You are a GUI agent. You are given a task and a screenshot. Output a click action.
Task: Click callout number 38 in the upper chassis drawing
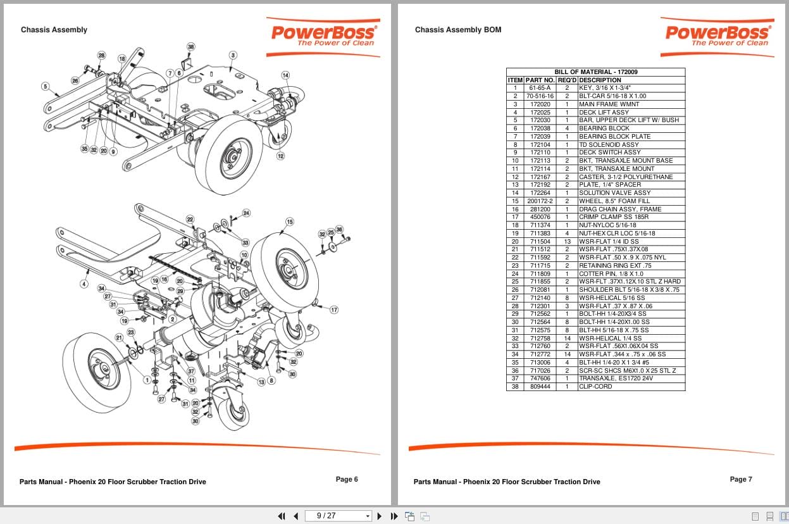pos(191,46)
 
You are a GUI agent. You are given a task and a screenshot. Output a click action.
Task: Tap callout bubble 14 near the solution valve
pos(285,75)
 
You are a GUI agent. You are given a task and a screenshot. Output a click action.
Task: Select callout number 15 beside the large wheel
pos(290,221)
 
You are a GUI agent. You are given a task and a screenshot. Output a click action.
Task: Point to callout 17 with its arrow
pos(334,309)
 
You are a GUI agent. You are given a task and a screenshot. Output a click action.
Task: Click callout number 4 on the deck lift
pos(84,284)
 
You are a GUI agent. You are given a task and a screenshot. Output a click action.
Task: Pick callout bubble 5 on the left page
pos(45,86)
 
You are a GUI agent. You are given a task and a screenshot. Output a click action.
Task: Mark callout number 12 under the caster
pos(280,156)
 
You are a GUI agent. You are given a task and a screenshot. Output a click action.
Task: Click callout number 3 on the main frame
pos(233,55)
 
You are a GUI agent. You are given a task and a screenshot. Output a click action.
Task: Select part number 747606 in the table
pos(540,378)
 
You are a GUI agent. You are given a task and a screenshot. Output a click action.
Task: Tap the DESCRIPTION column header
pos(600,80)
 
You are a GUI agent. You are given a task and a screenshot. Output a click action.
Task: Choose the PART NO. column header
pos(540,80)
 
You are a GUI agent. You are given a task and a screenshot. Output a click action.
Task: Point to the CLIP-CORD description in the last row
pos(595,387)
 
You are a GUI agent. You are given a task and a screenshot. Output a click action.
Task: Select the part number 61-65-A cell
pos(540,88)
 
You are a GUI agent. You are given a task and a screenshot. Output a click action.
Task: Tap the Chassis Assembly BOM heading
pos(457,30)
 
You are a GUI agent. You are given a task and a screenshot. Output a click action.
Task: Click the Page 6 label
pos(347,479)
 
